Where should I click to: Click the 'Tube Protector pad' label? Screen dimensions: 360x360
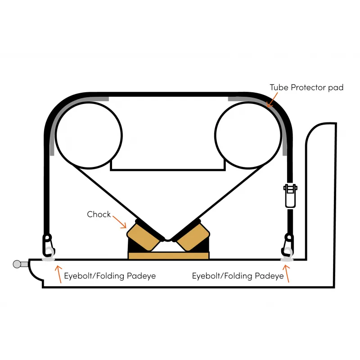click(x=306, y=87)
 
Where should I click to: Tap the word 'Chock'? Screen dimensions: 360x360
click(x=99, y=214)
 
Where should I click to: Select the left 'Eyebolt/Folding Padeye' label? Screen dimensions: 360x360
click(x=110, y=275)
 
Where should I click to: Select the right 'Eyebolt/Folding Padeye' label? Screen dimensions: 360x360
click(x=238, y=275)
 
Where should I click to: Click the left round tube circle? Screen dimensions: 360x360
click(x=89, y=135)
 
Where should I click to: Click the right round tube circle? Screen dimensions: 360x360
click(x=248, y=135)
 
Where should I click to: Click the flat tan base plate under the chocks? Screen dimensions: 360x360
click(x=168, y=256)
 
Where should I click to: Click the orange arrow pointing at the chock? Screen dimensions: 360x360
click(x=120, y=221)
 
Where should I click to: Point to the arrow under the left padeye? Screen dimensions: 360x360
click(x=58, y=274)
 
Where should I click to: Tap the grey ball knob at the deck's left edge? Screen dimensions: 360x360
click(x=17, y=264)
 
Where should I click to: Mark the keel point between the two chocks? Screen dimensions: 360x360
click(x=167, y=240)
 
